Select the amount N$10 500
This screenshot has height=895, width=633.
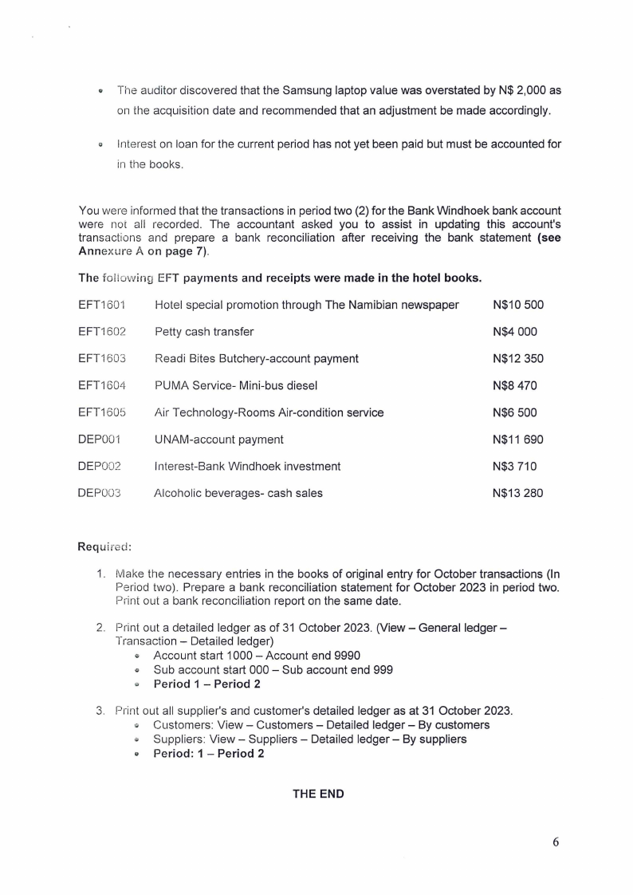[518, 305]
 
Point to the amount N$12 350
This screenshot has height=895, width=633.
[518, 358]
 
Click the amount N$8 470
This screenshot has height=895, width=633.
[515, 385]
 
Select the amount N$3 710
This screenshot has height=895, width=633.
[515, 466]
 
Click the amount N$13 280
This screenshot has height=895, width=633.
[518, 493]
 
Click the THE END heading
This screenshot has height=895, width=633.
[319, 794]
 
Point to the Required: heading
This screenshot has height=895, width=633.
[104, 546]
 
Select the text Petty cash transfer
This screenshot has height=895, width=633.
[204, 332]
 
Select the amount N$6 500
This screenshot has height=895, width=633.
[515, 412]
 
